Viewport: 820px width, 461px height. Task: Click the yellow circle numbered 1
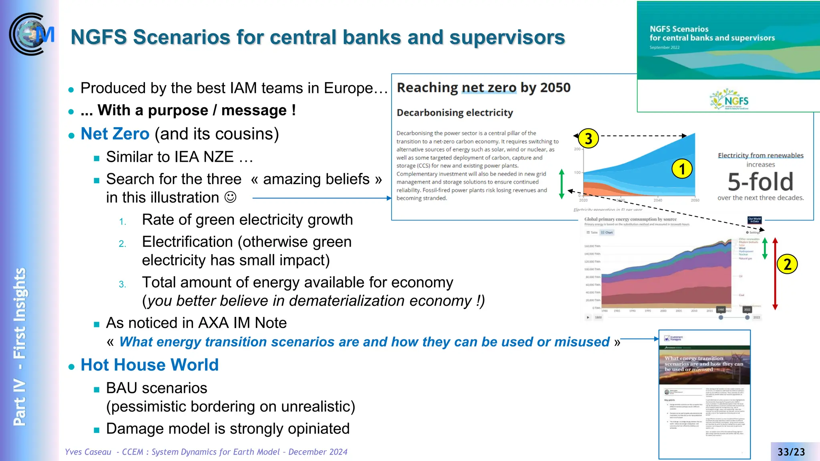(682, 169)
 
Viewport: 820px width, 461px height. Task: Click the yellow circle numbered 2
(787, 265)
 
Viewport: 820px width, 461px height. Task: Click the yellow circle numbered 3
(588, 138)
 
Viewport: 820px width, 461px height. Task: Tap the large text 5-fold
(760, 182)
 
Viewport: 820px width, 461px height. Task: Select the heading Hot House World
(149, 365)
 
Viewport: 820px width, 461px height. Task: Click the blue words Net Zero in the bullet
(115, 134)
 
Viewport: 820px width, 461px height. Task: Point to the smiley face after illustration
(230, 197)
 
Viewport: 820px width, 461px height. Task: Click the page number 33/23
(791, 452)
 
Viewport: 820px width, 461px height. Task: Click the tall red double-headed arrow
(775, 274)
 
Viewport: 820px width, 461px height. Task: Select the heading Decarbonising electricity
(454, 113)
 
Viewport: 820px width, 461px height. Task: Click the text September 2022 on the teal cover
(664, 48)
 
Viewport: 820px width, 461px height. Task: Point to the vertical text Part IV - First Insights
(20, 346)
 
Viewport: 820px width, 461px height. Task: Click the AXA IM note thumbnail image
(704, 394)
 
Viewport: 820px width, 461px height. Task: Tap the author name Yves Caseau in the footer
(88, 452)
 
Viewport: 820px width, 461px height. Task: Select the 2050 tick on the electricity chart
(695, 200)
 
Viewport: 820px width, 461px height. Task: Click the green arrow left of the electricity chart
(561, 184)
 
